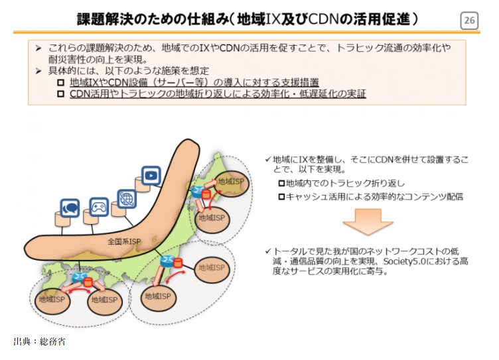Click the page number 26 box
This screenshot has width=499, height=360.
(x=469, y=21)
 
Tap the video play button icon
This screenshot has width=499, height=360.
(x=151, y=175)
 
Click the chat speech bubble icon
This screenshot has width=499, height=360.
(x=70, y=208)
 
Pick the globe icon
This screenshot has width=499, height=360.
(x=126, y=197)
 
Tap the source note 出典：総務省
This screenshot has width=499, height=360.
(x=39, y=341)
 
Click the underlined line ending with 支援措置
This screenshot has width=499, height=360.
(x=194, y=82)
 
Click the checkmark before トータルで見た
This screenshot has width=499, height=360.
(x=267, y=251)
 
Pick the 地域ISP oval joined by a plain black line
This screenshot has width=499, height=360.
(x=214, y=267)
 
